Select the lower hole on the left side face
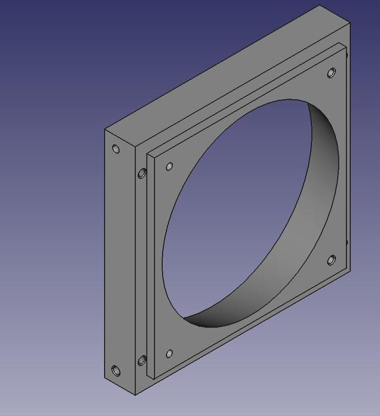coord(116,371)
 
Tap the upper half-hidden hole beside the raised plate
coord(141,173)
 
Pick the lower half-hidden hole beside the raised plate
coord(141,360)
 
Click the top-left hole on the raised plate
coord(169,167)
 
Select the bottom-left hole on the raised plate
coord(169,354)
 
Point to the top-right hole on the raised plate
coord(331,73)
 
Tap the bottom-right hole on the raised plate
coord(331,260)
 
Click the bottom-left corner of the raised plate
coord(153,376)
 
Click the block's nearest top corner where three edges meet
coord(136,147)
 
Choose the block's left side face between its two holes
coord(120,260)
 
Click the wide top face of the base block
coord(224,78)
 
